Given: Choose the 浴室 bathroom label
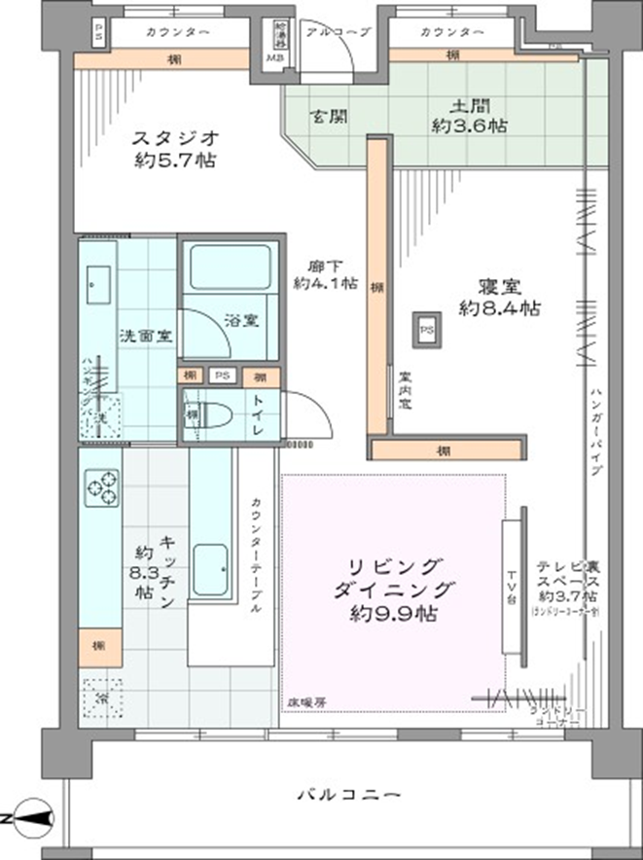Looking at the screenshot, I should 241,320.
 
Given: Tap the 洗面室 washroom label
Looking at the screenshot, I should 146,337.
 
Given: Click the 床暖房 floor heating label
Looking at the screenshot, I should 305,701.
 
